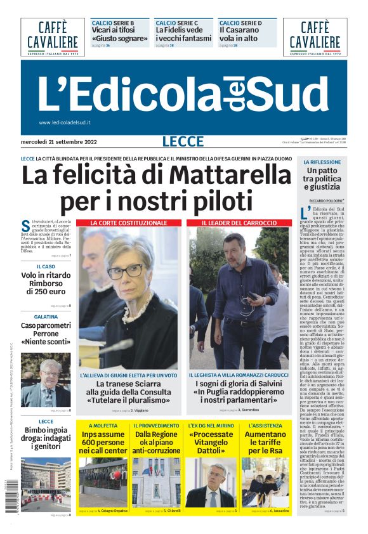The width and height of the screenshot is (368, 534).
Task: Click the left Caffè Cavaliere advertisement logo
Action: coord(53,37)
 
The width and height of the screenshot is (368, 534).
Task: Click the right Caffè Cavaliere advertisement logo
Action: coord(315,37)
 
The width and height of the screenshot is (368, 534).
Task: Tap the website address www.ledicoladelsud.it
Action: coord(65,122)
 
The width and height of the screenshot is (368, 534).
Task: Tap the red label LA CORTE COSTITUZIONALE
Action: coord(128,223)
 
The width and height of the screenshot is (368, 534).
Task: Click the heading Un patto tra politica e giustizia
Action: coord(321,179)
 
